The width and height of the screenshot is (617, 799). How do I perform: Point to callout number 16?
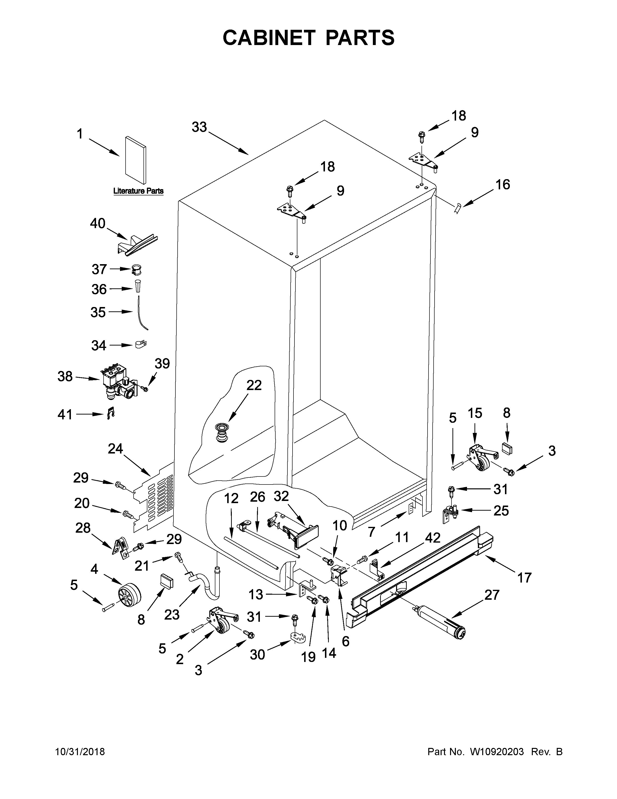point(503,184)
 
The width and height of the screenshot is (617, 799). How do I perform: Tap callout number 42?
point(432,538)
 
